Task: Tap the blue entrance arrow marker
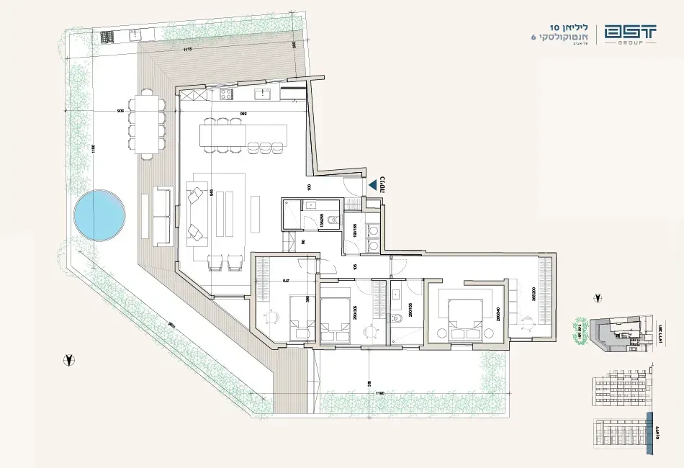pyautogui.click(x=373, y=185)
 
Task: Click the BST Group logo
pyautogui.click(x=631, y=35)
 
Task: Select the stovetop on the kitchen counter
pyautogui.click(x=225, y=93)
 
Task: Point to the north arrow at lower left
pyautogui.click(x=68, y=358)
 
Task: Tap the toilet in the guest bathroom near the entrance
pyautogui.click(x=333, y=220)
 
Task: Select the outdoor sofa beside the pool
pyautogui.click(x=161, y=213)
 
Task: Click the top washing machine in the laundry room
pyautogui.click(x=374, y=230)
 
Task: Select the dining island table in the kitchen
pyautogui.click(x=243, y=134)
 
